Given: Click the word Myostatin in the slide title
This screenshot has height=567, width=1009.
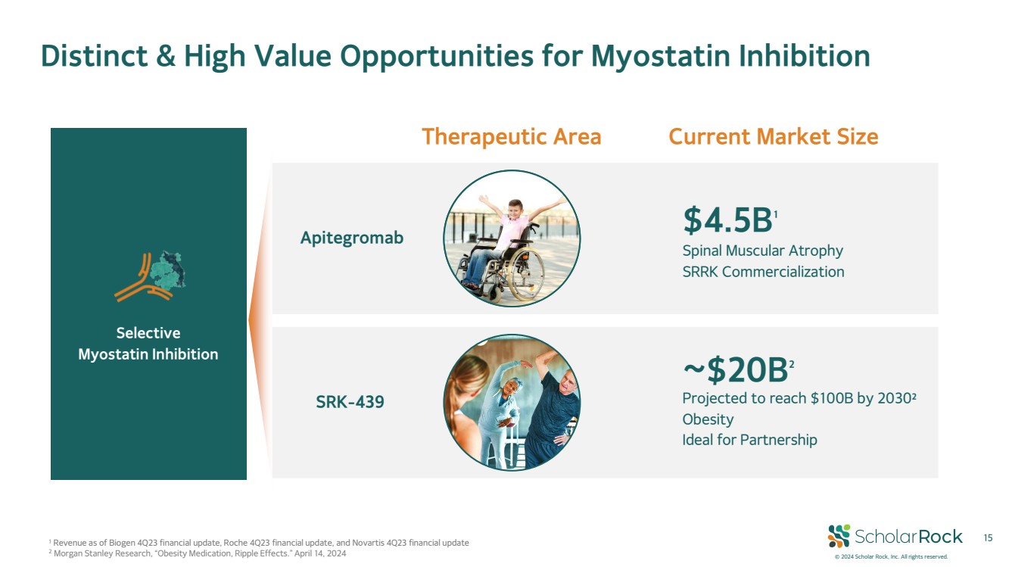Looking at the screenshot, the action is point(660,56).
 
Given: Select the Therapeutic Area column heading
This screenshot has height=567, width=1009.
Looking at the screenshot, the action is point(511,136).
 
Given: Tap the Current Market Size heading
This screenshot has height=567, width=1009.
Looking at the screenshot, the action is point(774,136).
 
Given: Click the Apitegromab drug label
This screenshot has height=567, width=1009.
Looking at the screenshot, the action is point(352,238).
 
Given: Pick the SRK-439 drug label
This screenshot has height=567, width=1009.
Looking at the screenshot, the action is point(350,402).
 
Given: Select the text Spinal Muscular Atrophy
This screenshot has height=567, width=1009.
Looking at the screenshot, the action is point(762,251).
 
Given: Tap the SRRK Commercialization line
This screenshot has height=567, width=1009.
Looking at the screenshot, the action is point(763,272).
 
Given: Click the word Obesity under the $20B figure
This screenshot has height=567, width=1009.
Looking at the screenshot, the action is point(708,419).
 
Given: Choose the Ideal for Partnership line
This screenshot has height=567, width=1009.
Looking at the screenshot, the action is point(749,440).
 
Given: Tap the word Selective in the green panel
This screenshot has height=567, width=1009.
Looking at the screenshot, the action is point(148,333).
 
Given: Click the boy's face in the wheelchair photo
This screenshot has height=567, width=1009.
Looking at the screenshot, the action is point(515,210).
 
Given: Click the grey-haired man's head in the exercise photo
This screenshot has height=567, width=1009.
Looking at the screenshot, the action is point(567,381).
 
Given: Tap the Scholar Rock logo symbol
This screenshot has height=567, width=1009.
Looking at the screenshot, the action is point(839,536).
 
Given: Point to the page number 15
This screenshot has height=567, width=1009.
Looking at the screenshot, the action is point(988,537).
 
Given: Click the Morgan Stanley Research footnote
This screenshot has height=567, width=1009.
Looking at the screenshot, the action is point(198,553).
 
